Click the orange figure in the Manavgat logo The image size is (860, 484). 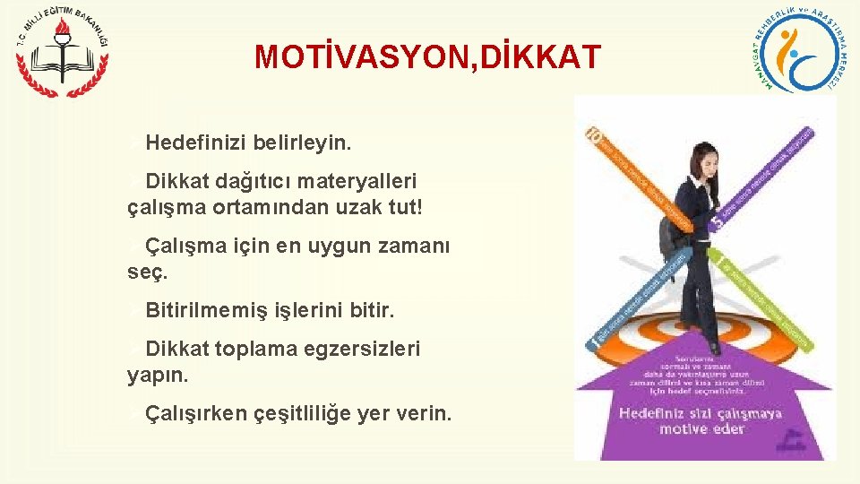[789, 49]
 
